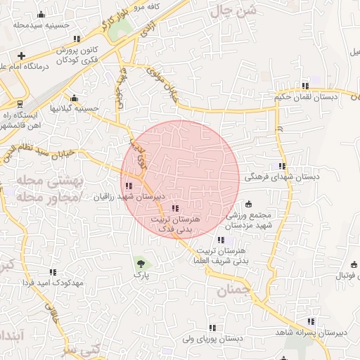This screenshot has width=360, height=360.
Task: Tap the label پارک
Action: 143,276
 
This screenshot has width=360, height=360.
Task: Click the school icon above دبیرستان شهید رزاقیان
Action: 128,186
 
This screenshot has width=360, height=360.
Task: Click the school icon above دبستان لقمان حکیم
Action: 304,86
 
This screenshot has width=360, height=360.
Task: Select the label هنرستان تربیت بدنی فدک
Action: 176,224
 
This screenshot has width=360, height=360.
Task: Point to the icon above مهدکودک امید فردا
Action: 53,272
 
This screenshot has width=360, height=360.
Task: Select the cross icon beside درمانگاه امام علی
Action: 22,56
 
